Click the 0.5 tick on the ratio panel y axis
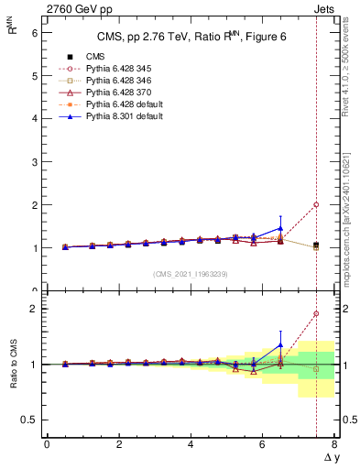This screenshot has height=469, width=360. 29,420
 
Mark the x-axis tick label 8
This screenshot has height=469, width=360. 334,444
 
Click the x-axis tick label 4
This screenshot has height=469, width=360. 191,444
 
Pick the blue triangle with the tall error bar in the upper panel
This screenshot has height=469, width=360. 280,228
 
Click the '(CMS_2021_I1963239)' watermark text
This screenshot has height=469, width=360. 190,273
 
